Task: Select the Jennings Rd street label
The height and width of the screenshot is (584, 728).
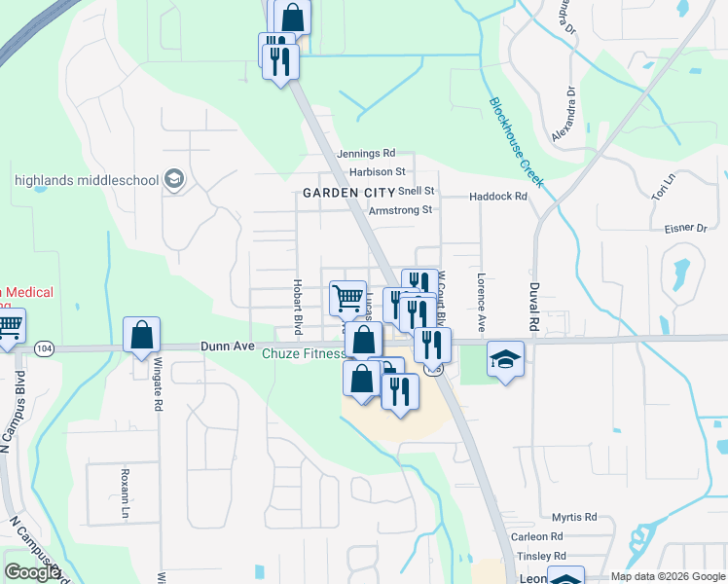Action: (366, 154)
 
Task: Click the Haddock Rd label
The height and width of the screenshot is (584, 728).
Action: (497, 196)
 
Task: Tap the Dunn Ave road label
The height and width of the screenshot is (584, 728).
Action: (227, 346)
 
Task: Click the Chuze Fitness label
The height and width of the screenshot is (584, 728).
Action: (303, 354)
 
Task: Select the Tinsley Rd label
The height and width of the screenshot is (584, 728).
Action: (541, 556)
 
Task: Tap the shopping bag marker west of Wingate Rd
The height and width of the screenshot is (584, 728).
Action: (141, 335)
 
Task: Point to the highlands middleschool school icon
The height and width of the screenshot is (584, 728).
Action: (175, 180)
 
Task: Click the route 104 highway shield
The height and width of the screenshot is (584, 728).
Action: (43, 347)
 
